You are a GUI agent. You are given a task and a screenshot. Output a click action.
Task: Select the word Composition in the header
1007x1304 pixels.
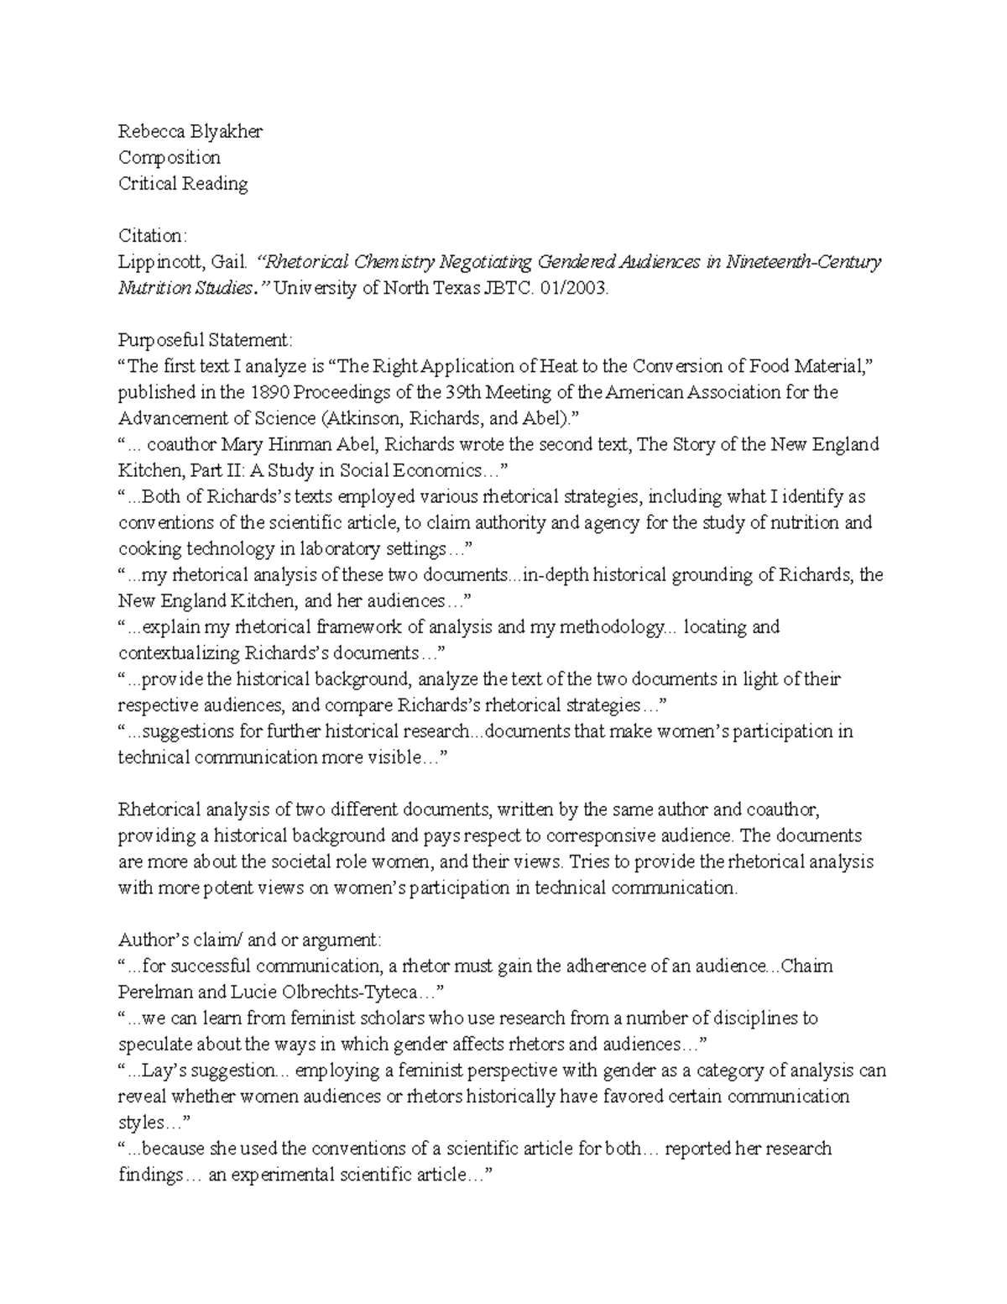(x=170, y=157)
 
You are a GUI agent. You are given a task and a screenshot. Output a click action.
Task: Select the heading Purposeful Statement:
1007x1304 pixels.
(x=206, y=340)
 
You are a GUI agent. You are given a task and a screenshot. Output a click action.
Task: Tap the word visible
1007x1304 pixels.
(x=392, y=757)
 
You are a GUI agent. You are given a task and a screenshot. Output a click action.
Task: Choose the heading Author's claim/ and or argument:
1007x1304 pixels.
(x=250, y=939)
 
